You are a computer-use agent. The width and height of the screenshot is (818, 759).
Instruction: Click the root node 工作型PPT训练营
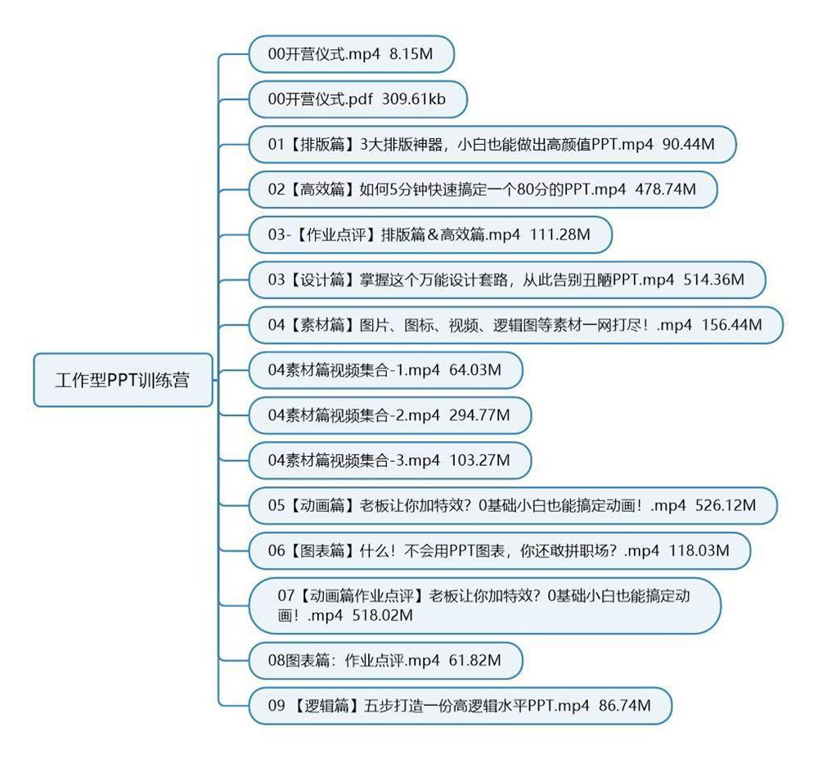coord(122,380)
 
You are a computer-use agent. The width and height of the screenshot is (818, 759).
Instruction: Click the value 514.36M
coord(713,280)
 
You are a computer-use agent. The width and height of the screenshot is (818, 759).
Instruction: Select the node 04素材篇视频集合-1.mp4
coord(384,370)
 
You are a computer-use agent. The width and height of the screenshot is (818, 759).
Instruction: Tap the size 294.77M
coord(479,415)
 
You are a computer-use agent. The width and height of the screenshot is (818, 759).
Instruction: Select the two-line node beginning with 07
coord(484,605)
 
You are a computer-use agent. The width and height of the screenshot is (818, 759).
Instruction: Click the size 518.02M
coord(382,615)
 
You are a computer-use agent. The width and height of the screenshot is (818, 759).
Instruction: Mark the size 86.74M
coord(625,705)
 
